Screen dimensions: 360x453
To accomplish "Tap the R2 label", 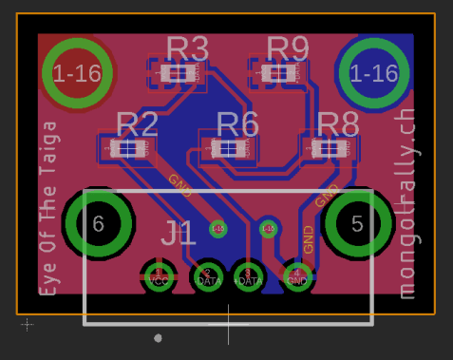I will click(137, 123).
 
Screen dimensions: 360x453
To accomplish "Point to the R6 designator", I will click(237, 123).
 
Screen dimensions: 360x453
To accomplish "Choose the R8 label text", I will click(338, 123).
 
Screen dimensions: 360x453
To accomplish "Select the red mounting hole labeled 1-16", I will click(79, 73).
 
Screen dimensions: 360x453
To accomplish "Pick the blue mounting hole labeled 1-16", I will click(373, 73).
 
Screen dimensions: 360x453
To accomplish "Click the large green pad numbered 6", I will click(98, 224).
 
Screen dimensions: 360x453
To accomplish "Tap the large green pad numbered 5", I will click(357, 224).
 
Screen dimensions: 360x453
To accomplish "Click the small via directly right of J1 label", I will click(217, 229).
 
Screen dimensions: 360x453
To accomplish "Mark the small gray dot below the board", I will click(158, 337).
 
